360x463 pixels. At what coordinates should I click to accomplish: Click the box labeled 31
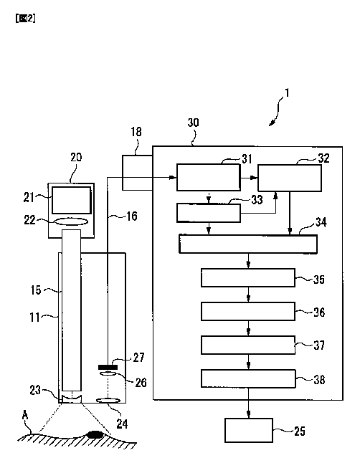click(x=209, y=178)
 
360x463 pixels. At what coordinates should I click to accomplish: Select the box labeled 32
click(x=290, y=178)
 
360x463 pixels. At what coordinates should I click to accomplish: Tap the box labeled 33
click(x=209, y=213)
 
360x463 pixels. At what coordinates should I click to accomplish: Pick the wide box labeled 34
click(x=248, y=244)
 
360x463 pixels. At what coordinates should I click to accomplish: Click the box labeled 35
click(x=248, y=277)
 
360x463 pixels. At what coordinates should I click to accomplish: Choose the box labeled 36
click(x=248, y=311)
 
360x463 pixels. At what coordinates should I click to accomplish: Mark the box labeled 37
click(x=248, y=345)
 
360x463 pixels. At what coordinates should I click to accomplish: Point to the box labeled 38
click(x=248, y=378)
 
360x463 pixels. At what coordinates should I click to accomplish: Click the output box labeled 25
click(x=249, y=430)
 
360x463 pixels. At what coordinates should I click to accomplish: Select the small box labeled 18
click(x=137, y=173)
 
